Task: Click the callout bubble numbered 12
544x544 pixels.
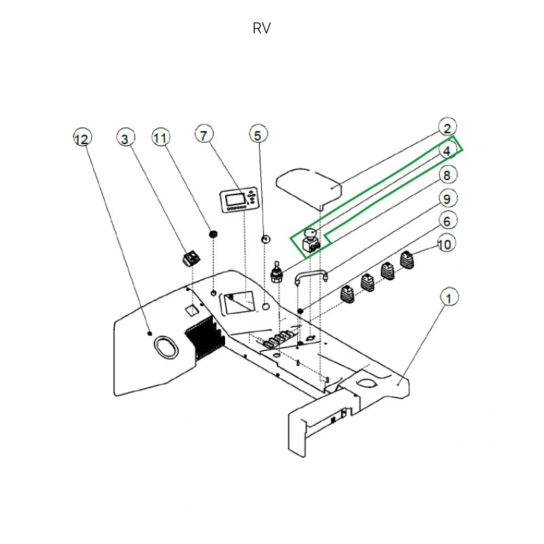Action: point(82,139)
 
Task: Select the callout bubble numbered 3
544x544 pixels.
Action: point(124,139)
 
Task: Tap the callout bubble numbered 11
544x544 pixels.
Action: point(160,138)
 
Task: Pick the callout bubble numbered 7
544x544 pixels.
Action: point(205,134)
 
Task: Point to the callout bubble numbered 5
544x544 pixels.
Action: point(257,135)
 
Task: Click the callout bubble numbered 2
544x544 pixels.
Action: point(447,129)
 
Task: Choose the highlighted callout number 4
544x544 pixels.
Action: point(447,151)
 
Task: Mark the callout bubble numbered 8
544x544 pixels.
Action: point(447,175)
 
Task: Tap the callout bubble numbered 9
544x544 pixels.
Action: point(447,199)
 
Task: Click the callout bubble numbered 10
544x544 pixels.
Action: point(447,243)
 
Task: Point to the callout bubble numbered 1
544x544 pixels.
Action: point(447,297)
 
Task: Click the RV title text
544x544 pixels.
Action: point(262,29)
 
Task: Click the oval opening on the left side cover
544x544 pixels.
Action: point(165,347)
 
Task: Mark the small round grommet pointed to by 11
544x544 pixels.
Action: point(213,234)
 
